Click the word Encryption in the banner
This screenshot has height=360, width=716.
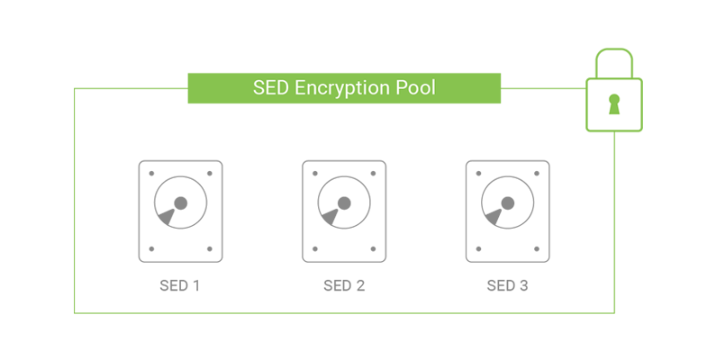pyautogui.click(x=347, y=88)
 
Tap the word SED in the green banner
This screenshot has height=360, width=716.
pyautogui.click(x=271, y=88)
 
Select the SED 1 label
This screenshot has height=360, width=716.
pyautogui.click(x=180, y=286)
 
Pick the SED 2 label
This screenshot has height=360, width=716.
pyautogui.click(x=344, y=286)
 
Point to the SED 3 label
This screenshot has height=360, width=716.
pyautogui.click(x=507, y=286)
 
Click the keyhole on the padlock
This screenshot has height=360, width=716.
pyautogui.click(x=614, y=104)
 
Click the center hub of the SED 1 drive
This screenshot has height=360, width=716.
pyautogui.click(x=181, y=202)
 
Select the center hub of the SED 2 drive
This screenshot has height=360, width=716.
pyautogui.click(x=345, y=202)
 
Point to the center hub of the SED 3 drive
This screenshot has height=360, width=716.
pyautogui.click(x=508, y=202)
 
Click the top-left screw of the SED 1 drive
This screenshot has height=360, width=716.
pyautogui.click(x=151, y=174)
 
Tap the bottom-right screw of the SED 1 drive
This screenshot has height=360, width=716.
pyautogui.click(x=210, y=248)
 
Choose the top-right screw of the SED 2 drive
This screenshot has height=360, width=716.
pyautogui.click(x=374, y=174)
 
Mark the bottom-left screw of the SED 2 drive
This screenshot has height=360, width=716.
pyautogui.click(x=315, y=248)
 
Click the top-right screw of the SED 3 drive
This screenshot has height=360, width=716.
pyautogui.click(x=537, y=174)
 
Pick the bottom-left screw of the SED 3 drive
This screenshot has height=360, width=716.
pyautogui.click(x=478, y=248)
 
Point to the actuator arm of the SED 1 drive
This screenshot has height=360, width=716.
pyautogui.click(x=166, y=216)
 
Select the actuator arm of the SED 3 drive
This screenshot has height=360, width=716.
pyautogui.click(x=493, y=216)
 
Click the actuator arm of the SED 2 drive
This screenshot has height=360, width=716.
pyautogui.click(x=330, y=216)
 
